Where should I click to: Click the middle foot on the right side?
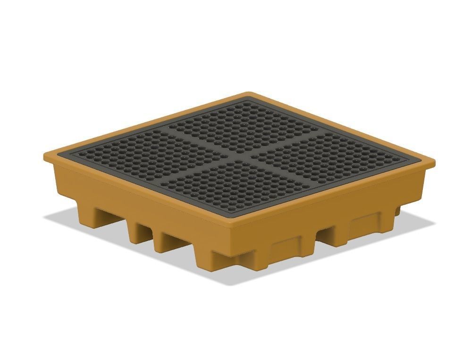[x=363, y=227]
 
